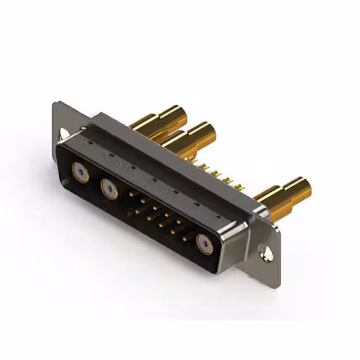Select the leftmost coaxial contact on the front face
coord(79,172)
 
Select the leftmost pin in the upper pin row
coord(131,194)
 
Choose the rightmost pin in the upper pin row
coord(179,222)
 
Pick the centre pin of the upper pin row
coord(155,208)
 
